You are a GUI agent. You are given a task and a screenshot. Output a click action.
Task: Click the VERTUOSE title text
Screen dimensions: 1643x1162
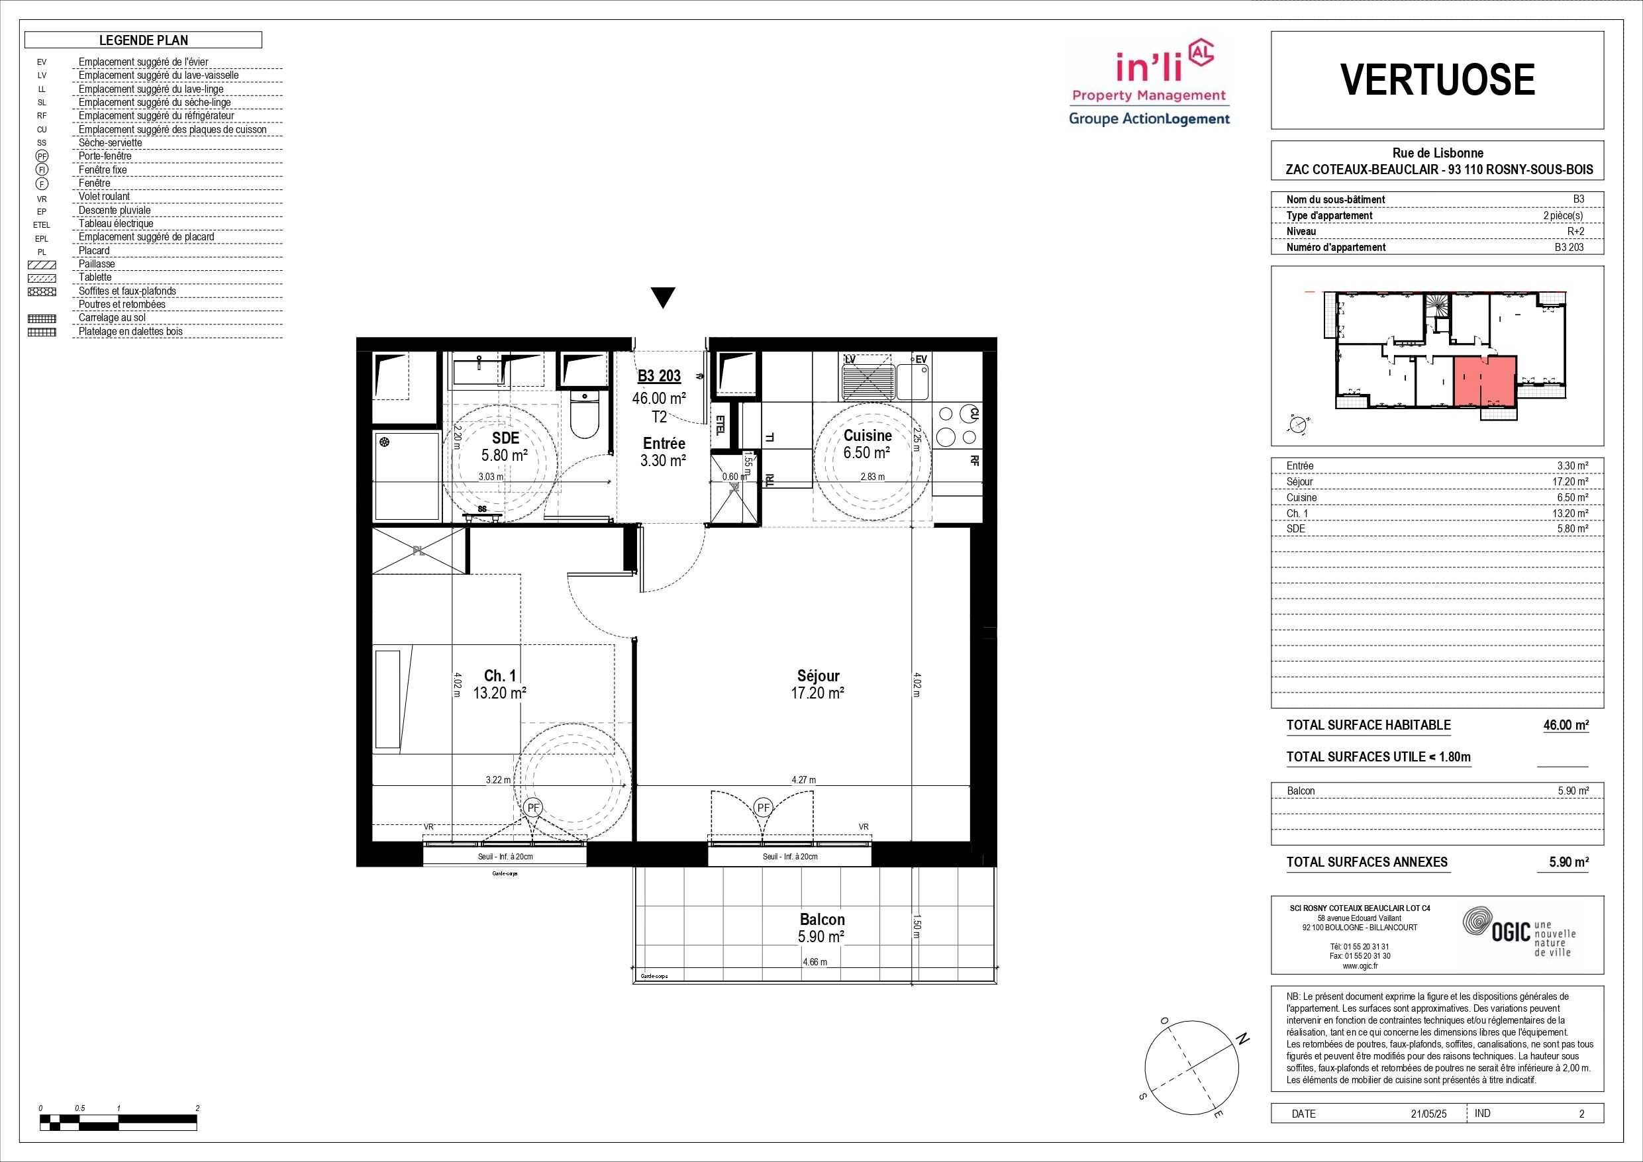click(1437, 79)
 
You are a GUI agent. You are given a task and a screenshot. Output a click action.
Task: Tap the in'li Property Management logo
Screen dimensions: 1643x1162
click(1149, 83)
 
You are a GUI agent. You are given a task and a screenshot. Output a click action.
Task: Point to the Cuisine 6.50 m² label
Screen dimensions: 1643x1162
click(868, 444)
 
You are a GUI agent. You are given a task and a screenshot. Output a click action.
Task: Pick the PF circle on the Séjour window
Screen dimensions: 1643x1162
click(764, 807)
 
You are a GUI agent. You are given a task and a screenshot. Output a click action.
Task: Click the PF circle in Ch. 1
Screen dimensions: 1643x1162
click(532, 807)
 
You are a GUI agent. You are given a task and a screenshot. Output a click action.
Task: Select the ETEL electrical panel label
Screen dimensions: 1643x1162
click(720, 426)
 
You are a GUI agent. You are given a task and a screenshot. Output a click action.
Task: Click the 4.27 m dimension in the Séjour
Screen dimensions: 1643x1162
click(803, 780)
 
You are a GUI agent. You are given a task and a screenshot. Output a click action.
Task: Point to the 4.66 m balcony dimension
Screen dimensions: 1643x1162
click(815, 961)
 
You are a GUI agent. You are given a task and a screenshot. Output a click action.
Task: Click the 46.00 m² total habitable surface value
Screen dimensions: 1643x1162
click(1566, 725)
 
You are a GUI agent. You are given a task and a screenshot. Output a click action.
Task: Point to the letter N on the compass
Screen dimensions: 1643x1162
click(1243, 1040)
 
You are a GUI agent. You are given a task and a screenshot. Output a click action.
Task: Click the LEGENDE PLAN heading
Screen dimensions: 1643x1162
click(144, 40)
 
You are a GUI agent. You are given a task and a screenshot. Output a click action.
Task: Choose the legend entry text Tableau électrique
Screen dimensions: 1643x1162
click(116, 223)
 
